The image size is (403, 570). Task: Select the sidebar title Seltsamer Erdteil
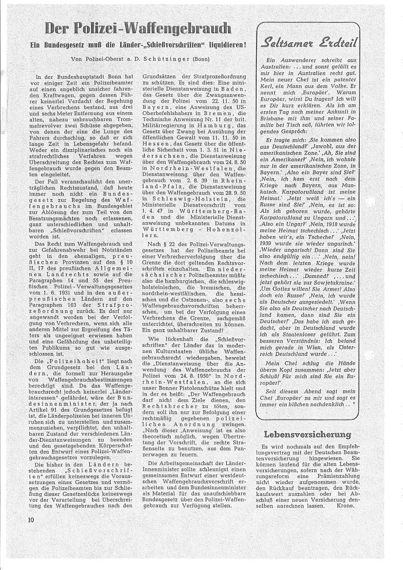point(307,43)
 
